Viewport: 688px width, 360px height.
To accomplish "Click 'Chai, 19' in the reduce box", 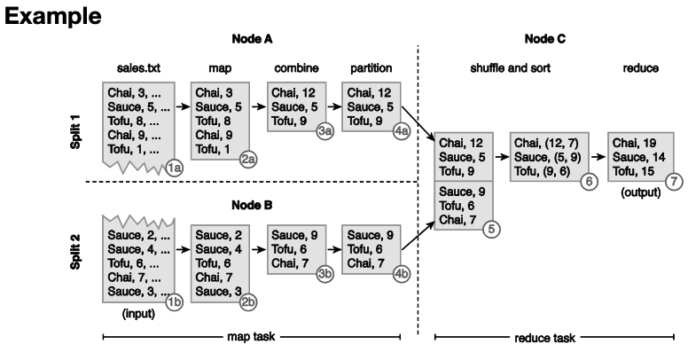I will (632, 142).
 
